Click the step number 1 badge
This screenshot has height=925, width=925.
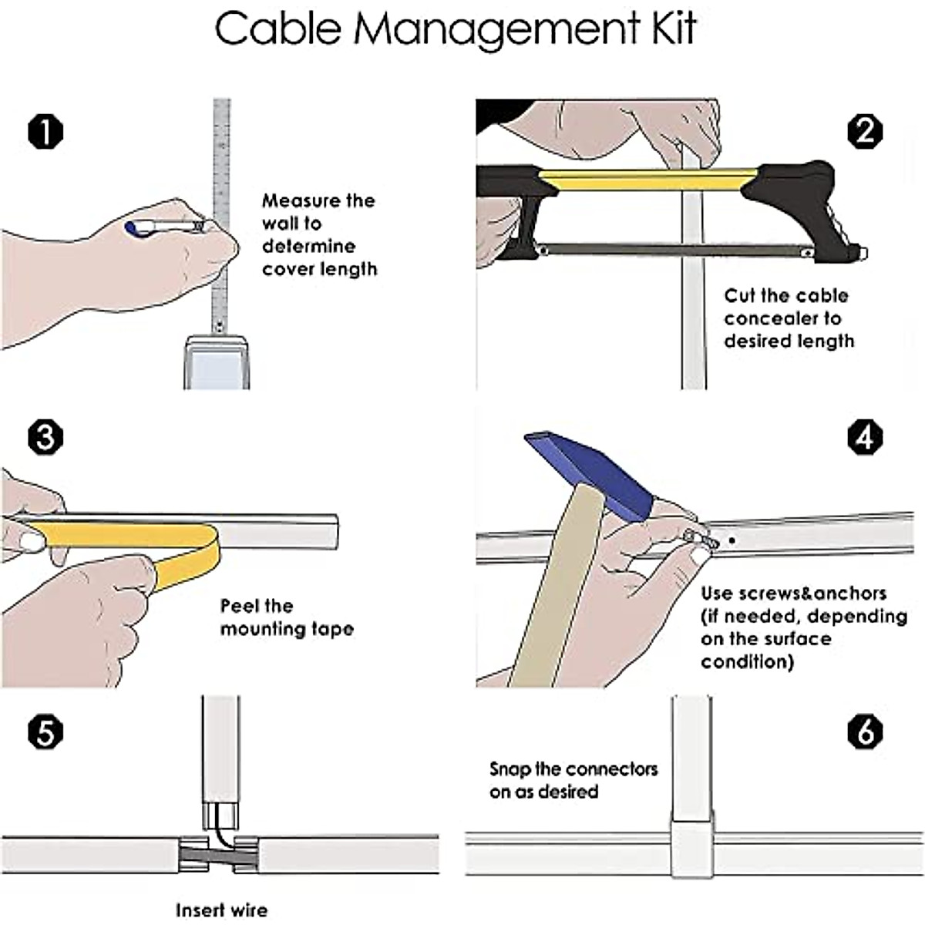tap(45, 132)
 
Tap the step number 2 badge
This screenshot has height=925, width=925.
tap(865, 132)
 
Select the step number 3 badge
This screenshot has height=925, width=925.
tap(45, 437)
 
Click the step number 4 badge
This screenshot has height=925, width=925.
tap(865, 437)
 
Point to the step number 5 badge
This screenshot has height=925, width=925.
tap(45, 732)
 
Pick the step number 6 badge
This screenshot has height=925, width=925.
tap(865, 732)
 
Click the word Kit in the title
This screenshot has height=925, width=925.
tap(668, 29)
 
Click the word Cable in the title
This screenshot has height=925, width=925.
tap(277, 29)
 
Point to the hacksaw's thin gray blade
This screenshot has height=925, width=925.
tap(671, 249)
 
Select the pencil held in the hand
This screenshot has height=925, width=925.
tap(166, 226)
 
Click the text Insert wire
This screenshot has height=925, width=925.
tap(221, 910)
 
